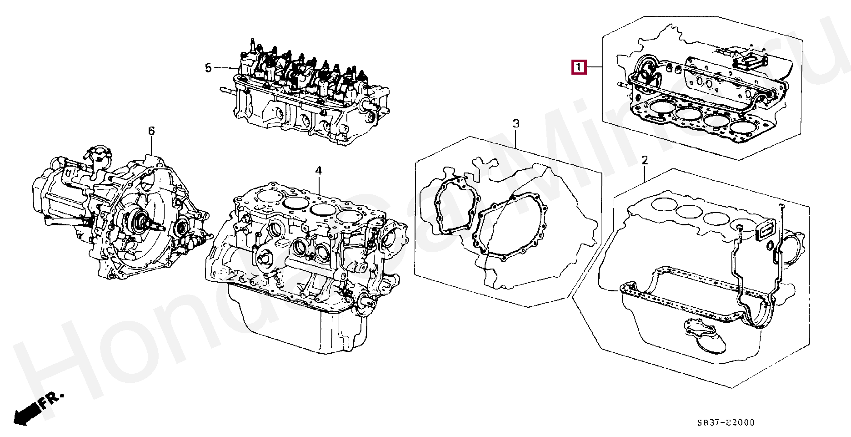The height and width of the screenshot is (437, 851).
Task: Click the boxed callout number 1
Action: pos(579,67)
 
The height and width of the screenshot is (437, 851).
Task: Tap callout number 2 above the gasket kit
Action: pos(645,160)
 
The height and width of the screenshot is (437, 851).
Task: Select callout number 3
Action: pos(516,123)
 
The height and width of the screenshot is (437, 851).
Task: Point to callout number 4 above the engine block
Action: pos(319,170)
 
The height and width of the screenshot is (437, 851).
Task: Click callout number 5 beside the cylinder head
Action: pos(208,68)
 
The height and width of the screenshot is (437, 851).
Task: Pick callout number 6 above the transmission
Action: pos(151,131)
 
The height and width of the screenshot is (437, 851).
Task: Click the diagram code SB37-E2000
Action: pos(726,422)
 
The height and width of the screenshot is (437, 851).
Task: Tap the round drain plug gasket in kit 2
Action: pos(770,246)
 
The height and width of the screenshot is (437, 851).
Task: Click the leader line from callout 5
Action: pos(225,68)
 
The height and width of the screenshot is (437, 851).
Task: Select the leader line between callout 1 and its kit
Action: pos(595,67)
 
